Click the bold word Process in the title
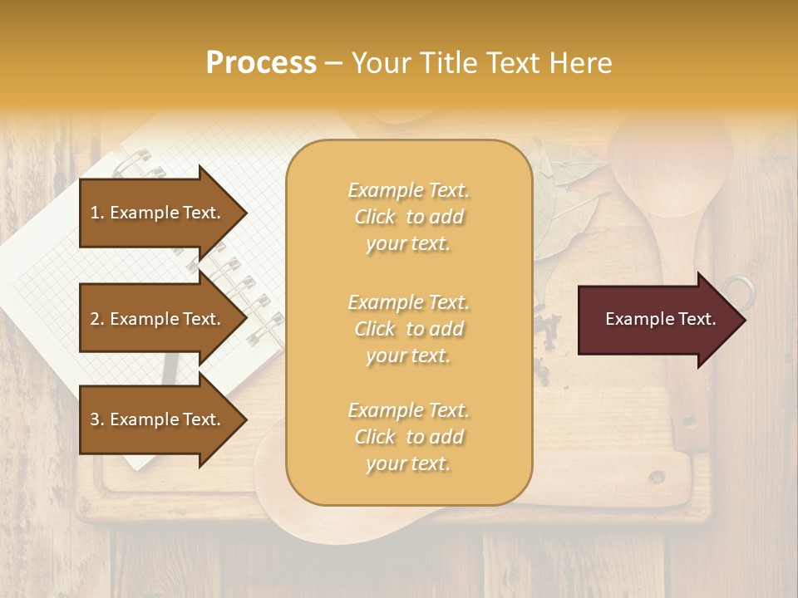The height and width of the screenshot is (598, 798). pos(261,63)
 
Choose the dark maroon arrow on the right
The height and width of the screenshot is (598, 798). pos(657,320)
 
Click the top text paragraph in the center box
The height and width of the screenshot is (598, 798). pos(408,217)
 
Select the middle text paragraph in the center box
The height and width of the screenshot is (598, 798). pos(408,329)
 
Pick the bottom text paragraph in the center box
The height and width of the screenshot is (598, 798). pos(408,437)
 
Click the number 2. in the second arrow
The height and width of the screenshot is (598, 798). pos(97,319)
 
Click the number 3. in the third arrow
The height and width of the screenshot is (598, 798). pos(97,419)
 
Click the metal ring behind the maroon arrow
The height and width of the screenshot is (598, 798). pos(739,290)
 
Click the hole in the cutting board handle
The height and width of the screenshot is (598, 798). pos(657,477)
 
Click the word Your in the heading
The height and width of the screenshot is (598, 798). pos(381,63)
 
